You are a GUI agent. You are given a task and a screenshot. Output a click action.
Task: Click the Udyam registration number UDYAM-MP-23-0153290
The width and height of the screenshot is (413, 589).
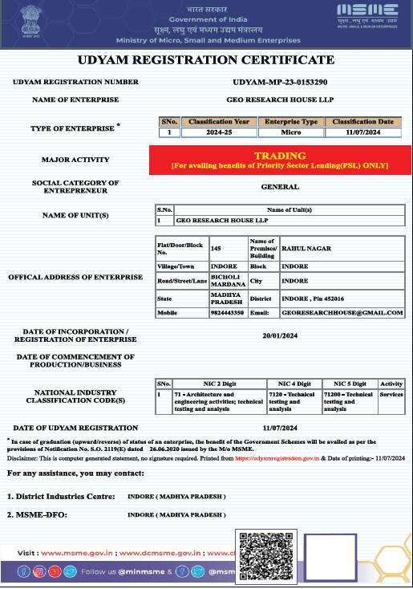(280, 82)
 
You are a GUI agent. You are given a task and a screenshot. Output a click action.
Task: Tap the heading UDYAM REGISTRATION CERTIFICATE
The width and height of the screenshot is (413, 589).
(205, 61)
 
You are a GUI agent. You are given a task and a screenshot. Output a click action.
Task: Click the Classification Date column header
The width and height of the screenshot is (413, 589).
(362, 122)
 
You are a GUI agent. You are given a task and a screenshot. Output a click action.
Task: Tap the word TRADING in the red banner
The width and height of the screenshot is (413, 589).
(280, 155)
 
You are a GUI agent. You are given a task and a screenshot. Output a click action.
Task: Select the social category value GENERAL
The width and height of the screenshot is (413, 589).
(280, 187)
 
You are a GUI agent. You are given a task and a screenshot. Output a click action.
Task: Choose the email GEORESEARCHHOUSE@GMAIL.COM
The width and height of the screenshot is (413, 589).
(342, 312)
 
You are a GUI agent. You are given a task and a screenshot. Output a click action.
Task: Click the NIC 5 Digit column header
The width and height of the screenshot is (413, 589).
(349, 384)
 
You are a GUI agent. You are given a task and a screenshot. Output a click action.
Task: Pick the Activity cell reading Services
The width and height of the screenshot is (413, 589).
(391, 395)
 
